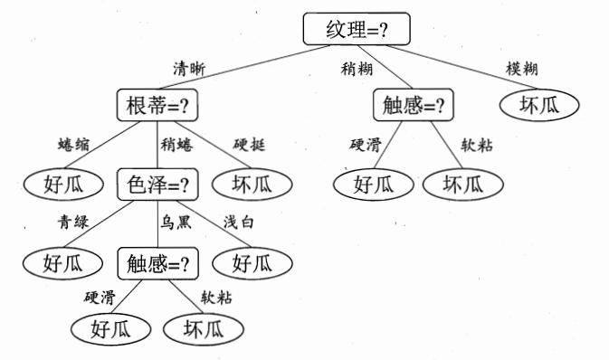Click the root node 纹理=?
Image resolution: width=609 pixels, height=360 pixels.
(356, 30)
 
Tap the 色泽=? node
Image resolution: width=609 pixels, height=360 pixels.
(157, 185)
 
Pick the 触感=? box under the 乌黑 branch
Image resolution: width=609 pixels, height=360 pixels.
(157, 264)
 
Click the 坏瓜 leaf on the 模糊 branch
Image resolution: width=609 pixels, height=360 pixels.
(539, 106)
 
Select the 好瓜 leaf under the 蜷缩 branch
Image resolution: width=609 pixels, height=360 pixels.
(62, 185)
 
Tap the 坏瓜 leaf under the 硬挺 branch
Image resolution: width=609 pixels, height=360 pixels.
(252, 185)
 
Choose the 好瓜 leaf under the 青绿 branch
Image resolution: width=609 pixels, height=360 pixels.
(62, 264)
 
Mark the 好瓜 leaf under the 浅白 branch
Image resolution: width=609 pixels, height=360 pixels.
(252, 264)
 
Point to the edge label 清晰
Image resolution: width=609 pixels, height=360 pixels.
(189, 68)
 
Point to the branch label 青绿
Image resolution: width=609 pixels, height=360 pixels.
(72, 224)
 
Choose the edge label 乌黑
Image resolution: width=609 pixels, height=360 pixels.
(176, 224)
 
